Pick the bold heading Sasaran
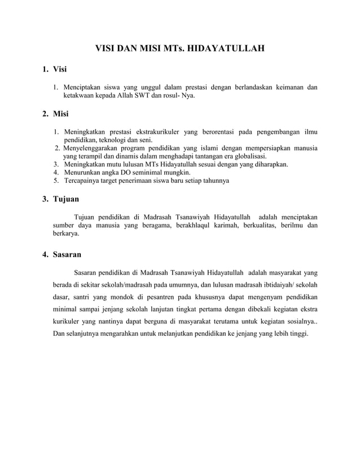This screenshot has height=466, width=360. (x=67, y=254)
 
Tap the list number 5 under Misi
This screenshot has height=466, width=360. (x=55, y=181)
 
